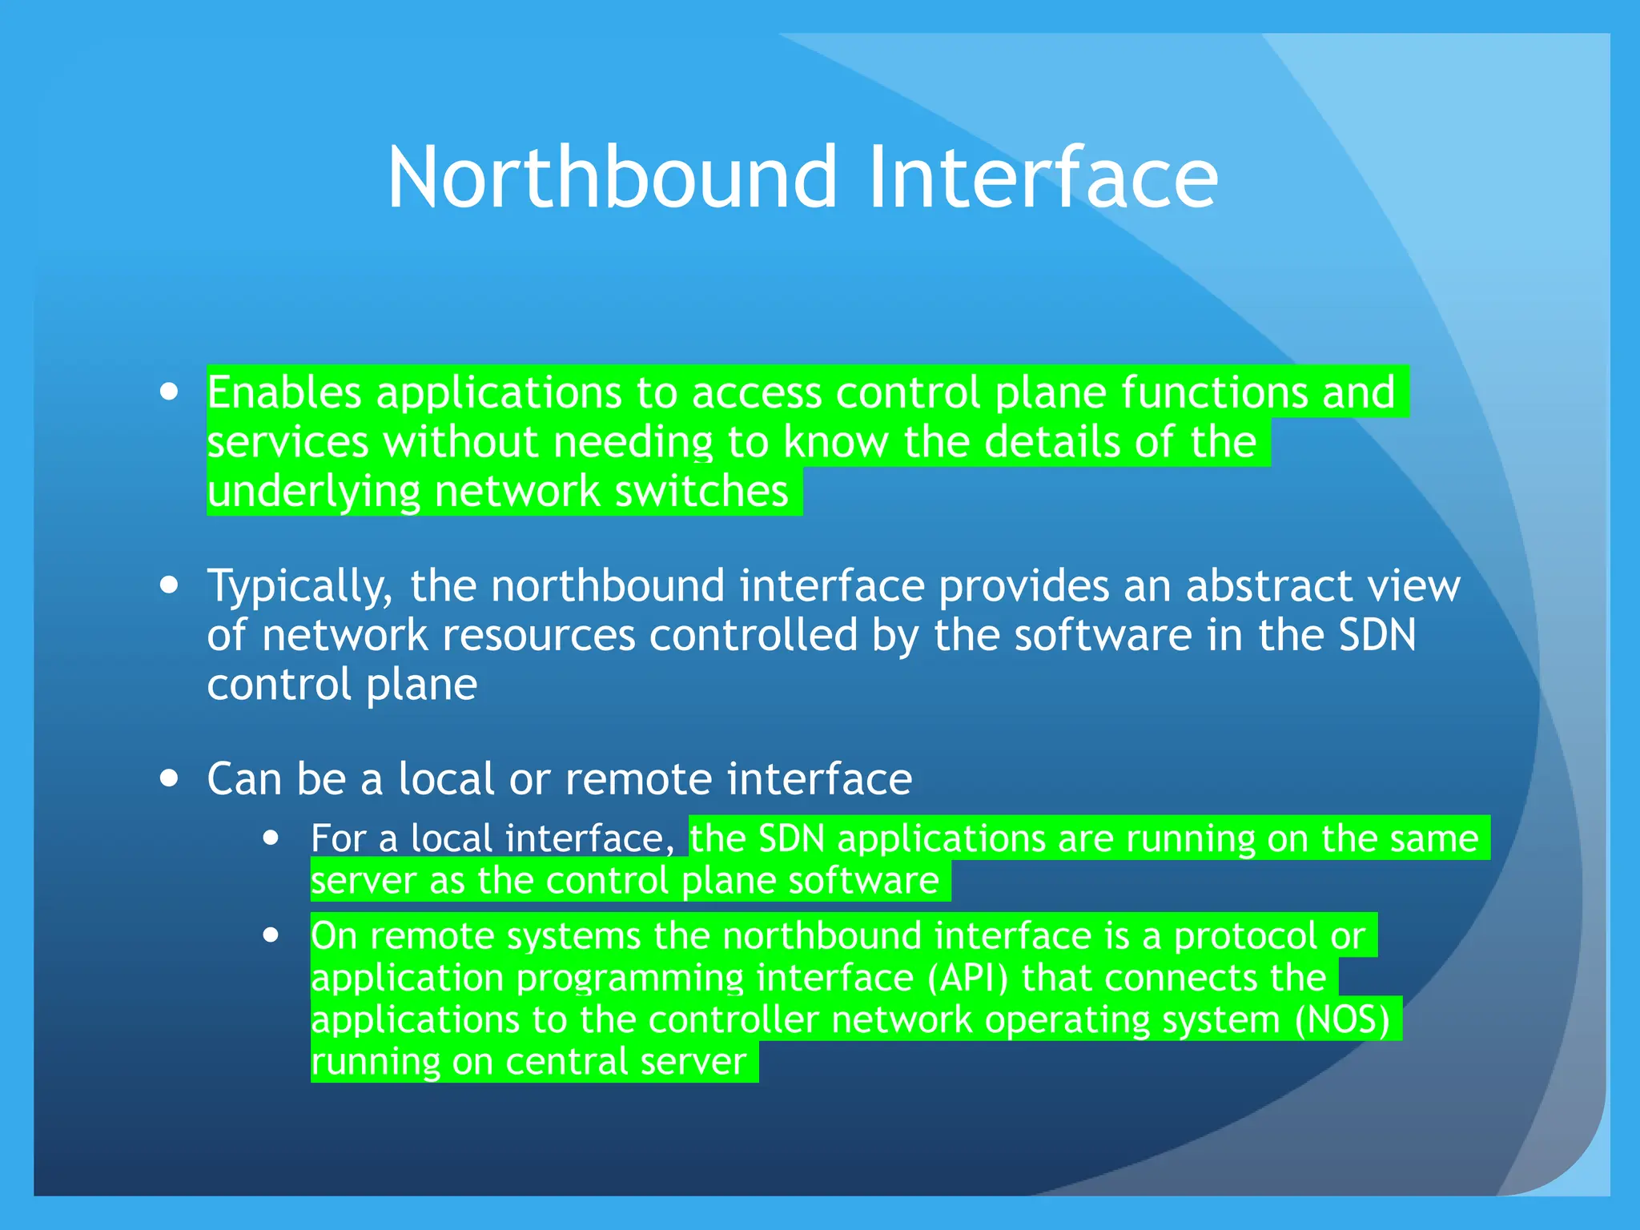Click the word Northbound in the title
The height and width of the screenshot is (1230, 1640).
click(613, 178)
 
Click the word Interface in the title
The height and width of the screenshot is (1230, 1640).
click(1043, 178)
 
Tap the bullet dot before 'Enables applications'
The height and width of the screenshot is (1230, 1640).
click(169, 392)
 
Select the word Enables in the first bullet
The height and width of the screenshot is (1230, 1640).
click(284, 393)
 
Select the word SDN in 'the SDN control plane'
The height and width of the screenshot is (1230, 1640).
click(1377, 635)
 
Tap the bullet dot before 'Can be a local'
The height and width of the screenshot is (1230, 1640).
click(169, 778)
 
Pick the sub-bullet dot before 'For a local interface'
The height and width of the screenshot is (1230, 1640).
click(271, 838)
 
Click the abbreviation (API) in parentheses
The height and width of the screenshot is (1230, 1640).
click(968, 979)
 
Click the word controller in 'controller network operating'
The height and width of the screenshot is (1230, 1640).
click(734, 1020)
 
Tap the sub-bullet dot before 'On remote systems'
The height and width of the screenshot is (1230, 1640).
click(271, 935)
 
